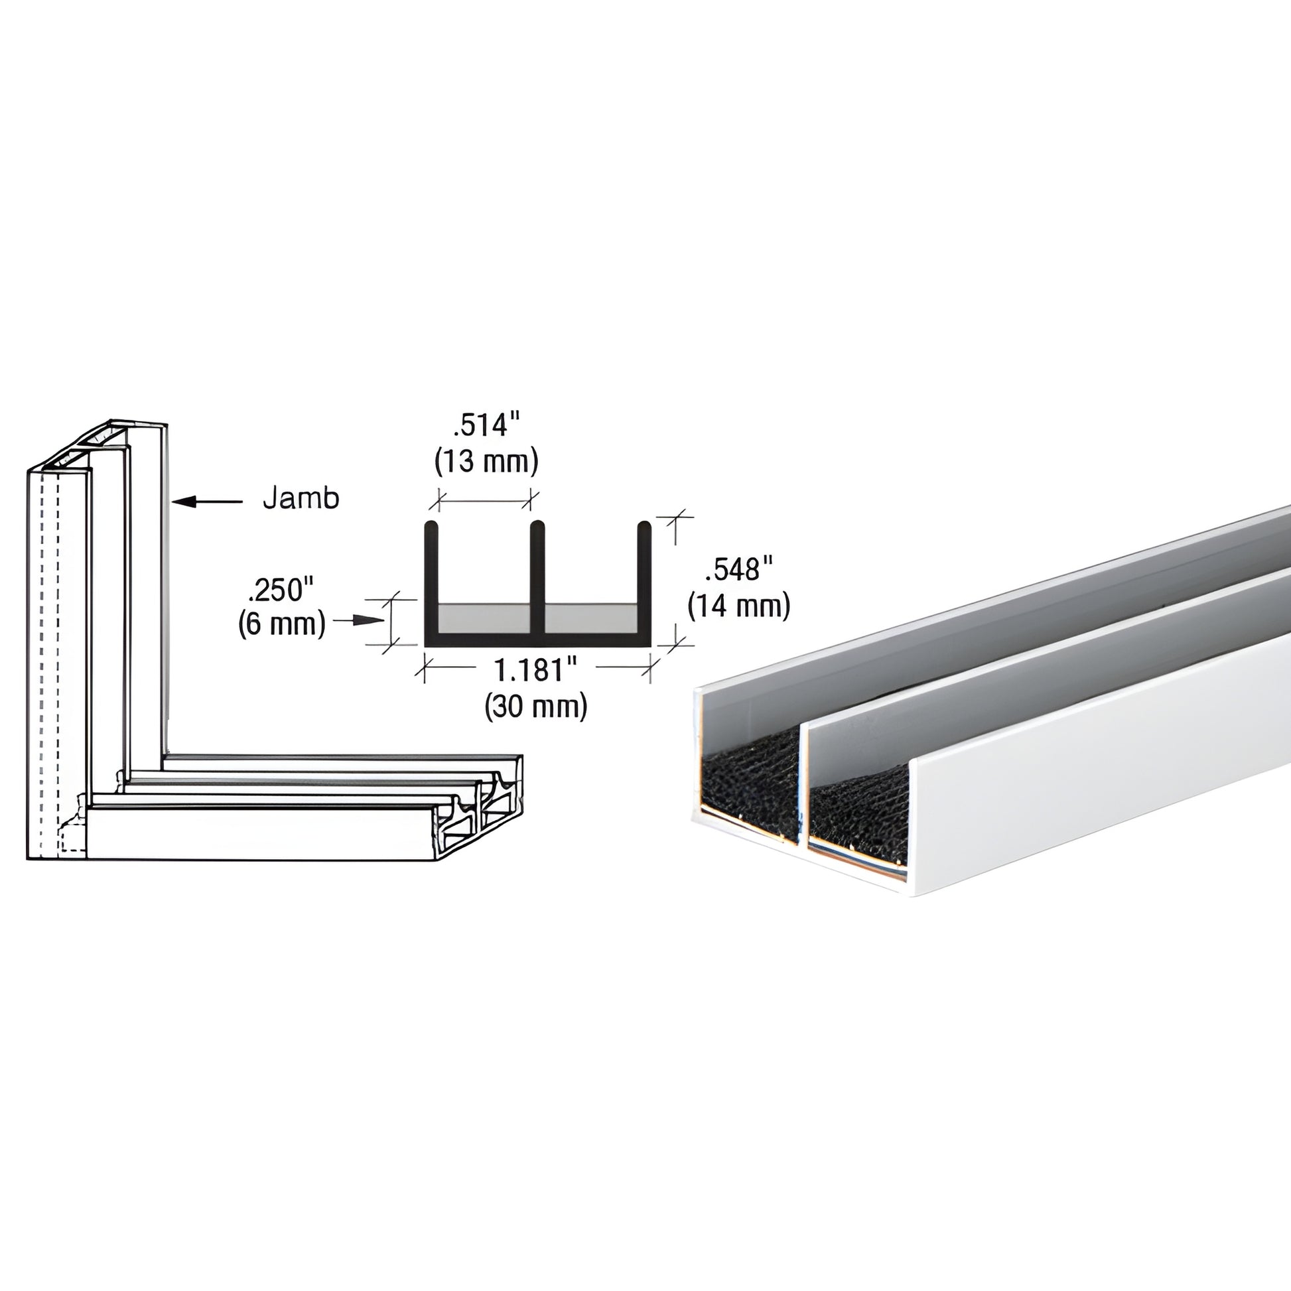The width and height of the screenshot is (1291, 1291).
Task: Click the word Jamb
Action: (x=301, y=498)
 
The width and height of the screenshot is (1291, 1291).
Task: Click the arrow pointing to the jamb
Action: (x=206, y=500)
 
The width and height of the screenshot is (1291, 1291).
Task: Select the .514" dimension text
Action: (x=485, y=426)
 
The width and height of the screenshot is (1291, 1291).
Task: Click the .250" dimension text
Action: (x=280, y=590)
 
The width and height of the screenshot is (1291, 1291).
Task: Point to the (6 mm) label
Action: (x=281, y=624)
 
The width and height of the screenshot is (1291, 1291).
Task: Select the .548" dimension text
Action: (x=738, y=569)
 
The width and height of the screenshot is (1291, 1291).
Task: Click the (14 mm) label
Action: (x=739, y=606)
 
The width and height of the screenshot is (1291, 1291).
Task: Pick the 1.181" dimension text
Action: (x=535, y=669)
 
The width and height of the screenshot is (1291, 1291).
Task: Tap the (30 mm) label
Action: (x=536, y=706)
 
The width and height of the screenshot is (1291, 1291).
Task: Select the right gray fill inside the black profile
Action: (x=590, y=618)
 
